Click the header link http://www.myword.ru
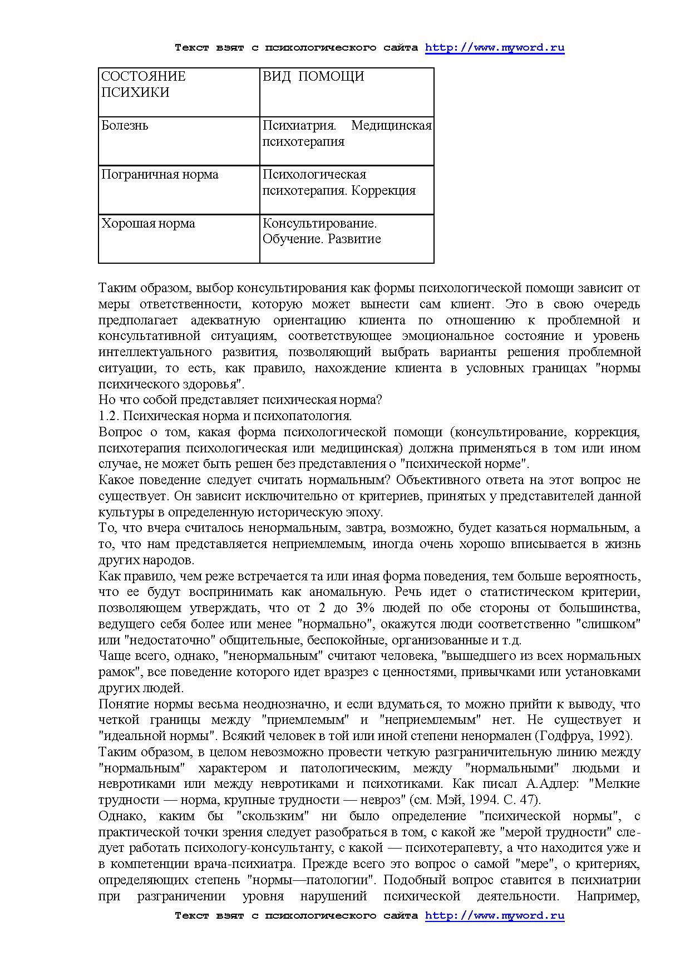click(x=495, y=47)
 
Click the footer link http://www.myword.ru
click(x=495, y=915)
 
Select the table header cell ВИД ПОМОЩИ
click(x=313, y=76)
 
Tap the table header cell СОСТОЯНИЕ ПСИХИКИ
click(x=144, y=84)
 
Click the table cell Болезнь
click(x=125, y=125)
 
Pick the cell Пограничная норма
click(x=160, y=174)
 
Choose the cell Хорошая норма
click(x=148, y=223)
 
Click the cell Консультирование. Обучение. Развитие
click(x=321, y=231)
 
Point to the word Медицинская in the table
click(x=392, y=125)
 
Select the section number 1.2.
click(x=108, y=416)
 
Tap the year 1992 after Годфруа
click(x=613, y=736)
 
